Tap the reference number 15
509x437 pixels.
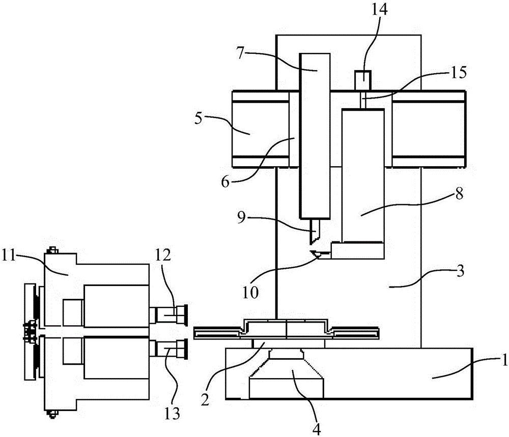tap(458, 72)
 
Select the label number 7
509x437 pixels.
tap(240, 53)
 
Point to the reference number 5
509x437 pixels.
tap(199, 119)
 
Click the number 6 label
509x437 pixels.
tap(225, 182)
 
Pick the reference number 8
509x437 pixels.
tap(459, 194)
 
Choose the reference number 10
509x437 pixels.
tap(250, 293)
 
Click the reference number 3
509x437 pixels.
tap(460, 271)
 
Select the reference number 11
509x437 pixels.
tap(9, 256)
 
